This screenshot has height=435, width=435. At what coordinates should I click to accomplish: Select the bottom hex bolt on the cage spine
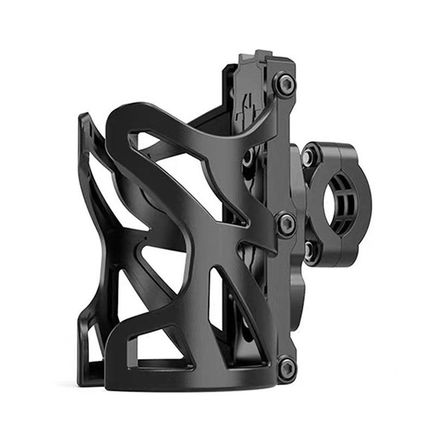coord(287,368)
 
